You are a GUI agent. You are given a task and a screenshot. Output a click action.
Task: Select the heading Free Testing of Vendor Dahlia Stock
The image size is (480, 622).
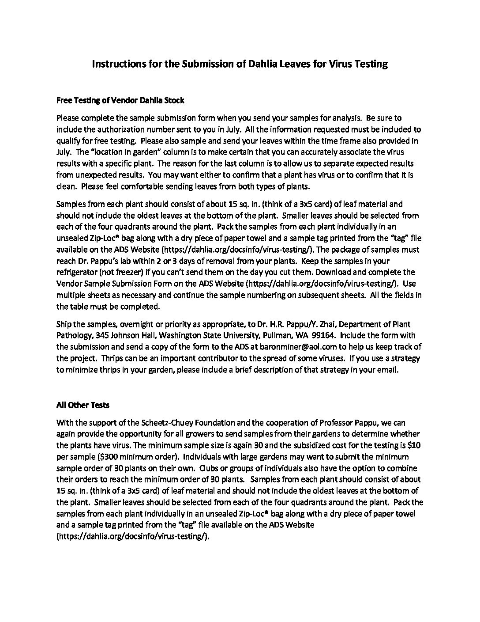pyautogui.click(x=120, y=100)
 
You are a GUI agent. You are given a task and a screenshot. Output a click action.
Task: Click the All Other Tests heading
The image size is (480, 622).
pyautogui.click(x=83, y=405)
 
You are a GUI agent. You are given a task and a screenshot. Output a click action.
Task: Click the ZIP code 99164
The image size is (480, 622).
pyautogui.click(x=324, y=335)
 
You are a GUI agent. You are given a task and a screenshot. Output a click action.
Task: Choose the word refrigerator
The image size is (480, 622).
pyautogui.click(x=77, y=272)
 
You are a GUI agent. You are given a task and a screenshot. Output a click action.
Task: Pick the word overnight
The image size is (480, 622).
pyautogui.click(x=131, y=324)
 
